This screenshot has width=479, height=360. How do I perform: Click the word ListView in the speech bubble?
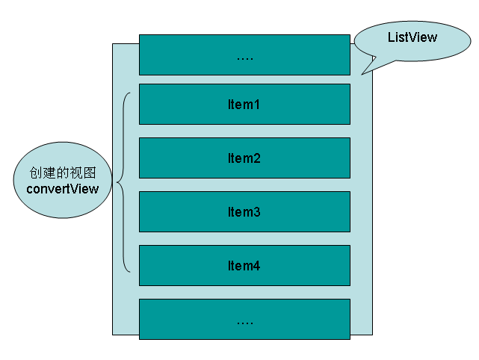412,37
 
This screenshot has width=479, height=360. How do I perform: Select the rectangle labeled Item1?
244,104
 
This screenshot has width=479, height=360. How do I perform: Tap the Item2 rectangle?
244,158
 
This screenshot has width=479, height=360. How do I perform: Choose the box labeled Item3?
244,211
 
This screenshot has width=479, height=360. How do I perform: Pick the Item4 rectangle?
244,265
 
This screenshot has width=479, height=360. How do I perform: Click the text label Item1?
244,105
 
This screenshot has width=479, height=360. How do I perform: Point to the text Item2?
244,158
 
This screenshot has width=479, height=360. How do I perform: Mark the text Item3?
244,212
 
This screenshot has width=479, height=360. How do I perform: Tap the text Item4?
244,266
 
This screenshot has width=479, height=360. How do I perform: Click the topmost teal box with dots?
244,55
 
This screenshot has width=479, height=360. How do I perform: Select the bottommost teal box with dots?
244,319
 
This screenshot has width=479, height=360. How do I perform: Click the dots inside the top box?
244,58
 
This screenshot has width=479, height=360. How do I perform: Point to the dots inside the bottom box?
244,322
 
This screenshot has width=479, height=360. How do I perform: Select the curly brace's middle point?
120,183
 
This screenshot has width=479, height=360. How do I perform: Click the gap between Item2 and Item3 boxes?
244,184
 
